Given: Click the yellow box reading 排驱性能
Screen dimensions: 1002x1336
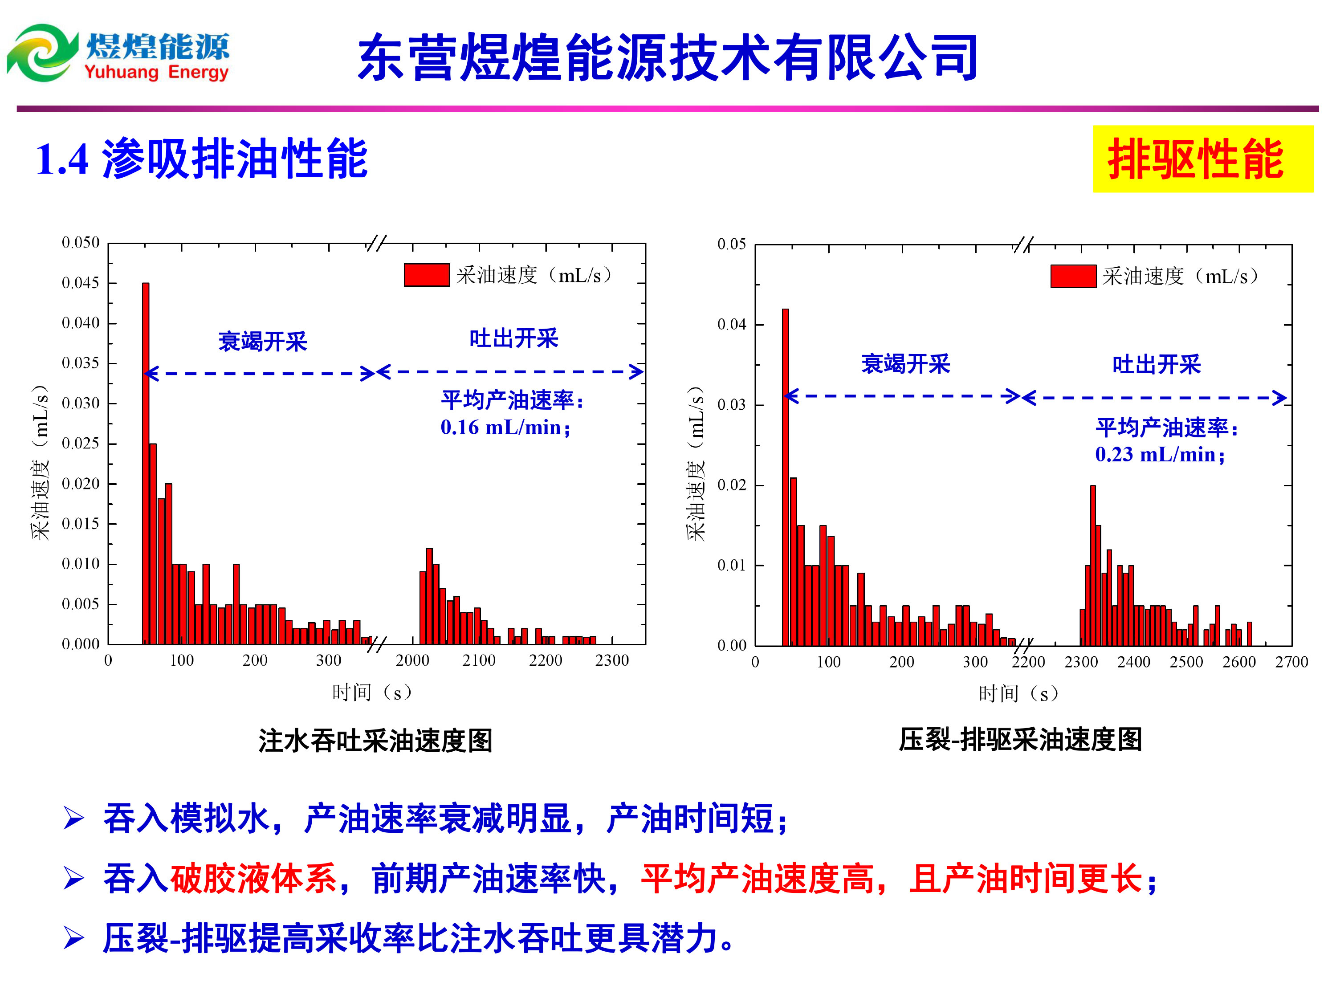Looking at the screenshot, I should [x=1202, y=159].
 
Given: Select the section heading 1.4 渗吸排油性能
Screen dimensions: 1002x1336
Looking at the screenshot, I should [x=202, y=159].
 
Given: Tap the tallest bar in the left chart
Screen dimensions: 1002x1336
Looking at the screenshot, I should [x=146, y=459].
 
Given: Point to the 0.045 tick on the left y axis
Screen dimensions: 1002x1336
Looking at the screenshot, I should [x=81, y=283].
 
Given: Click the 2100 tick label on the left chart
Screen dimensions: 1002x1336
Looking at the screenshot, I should [x=479, y=660].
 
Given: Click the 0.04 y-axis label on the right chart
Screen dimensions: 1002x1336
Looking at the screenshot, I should [x=731, y=324].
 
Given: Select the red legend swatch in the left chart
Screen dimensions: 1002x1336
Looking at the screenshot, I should [x=427, y=275].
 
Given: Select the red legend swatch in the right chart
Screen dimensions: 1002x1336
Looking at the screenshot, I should [x=1073, y=276].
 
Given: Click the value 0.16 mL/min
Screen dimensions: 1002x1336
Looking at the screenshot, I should [x=505, y=428].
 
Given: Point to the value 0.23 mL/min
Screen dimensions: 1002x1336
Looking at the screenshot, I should [x=1160, y=454].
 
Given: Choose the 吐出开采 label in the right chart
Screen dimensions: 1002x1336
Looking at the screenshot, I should [x=1156, y=365].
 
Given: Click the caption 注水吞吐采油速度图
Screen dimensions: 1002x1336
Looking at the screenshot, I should [x=375, y=741].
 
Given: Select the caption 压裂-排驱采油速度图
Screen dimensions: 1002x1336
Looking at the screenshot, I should [x=1020, y=740].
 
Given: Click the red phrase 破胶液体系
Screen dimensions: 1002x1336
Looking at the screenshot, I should [x=253, y=878].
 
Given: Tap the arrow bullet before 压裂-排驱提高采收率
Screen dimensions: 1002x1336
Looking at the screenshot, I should [x=73, y=938].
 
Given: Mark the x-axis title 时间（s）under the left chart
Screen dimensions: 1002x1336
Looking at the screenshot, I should [x=372, y=692].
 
